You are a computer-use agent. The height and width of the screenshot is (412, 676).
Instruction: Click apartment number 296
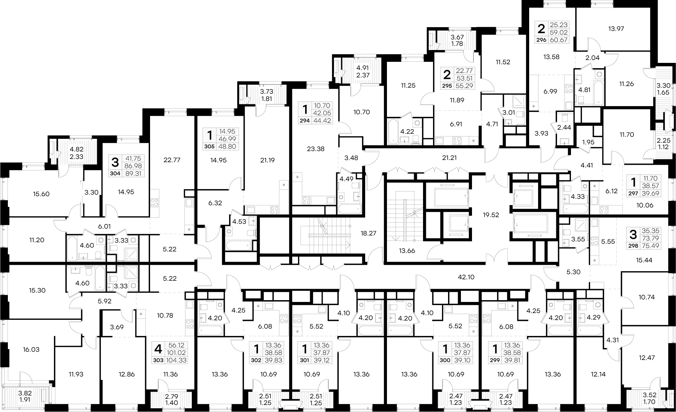541,40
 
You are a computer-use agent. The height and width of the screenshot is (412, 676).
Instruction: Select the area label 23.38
315,149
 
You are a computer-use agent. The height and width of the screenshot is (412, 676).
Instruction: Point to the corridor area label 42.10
466,277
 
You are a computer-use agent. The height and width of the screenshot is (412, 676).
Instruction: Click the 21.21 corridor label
449,158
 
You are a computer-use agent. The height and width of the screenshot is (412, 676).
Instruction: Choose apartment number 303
158,360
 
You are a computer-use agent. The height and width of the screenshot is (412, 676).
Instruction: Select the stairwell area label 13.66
407,250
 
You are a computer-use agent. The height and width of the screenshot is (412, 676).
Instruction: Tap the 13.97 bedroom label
616,29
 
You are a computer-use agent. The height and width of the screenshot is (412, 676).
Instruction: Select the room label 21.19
267,160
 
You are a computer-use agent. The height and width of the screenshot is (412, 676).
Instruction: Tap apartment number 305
209,147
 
